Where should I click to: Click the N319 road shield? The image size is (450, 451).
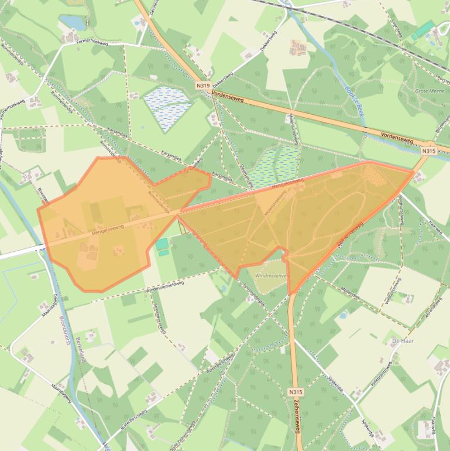[x=203, y=86]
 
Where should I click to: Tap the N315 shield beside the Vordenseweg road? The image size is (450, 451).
[x=428, y=151]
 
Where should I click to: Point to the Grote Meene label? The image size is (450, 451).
[x=429, y=91]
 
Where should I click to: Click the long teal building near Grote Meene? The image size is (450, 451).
[x=424, y=30]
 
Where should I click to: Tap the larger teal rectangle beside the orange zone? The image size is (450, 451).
[x=162, y=243]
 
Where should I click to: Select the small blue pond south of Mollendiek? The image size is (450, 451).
[x=343, y=315]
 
